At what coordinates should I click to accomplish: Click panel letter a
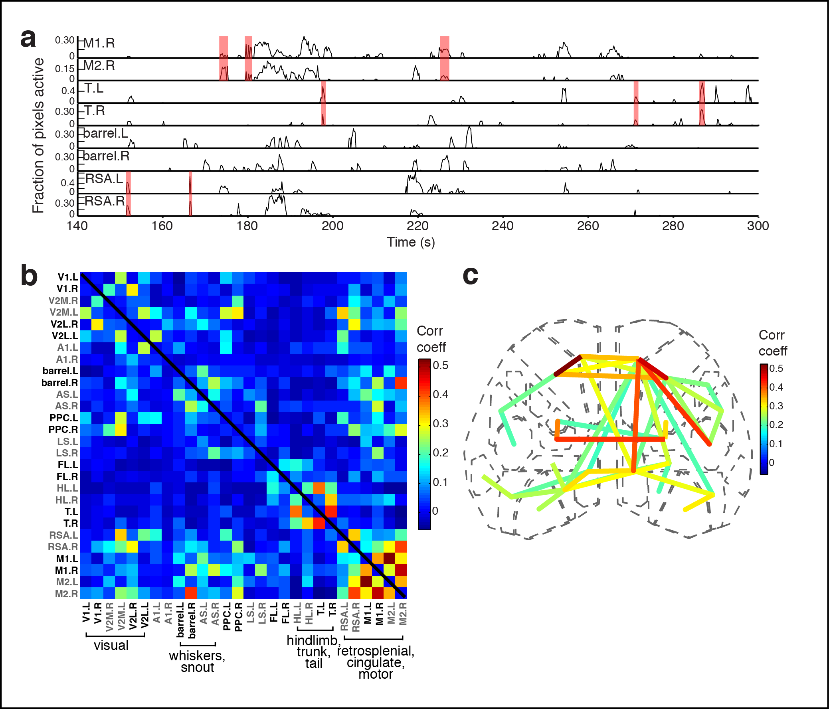coord(28,39)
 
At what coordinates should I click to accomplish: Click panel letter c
coord(470,275)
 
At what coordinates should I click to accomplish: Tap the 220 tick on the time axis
coord(417,226)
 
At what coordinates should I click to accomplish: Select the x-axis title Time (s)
coord(410,242)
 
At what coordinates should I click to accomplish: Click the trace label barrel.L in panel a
coord(106,133)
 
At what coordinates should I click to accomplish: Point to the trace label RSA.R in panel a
coord(105,201)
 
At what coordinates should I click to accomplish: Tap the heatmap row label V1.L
coord(67,277)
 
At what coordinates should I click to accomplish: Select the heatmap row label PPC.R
coord(63,429)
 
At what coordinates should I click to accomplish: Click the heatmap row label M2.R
coord(66,594)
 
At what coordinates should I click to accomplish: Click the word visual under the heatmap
coord(111,646)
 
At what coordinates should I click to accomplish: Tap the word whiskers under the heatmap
coord(196,656)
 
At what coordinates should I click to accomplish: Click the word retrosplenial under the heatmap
coord(375,651)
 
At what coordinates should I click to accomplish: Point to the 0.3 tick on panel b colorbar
coord(441,424)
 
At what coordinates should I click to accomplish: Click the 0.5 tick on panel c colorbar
coord(776,368)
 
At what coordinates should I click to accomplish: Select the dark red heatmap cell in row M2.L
coord(366,581)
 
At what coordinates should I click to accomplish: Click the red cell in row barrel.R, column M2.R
coord(401,383)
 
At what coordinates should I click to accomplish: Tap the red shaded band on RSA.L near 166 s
coord(190,182)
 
